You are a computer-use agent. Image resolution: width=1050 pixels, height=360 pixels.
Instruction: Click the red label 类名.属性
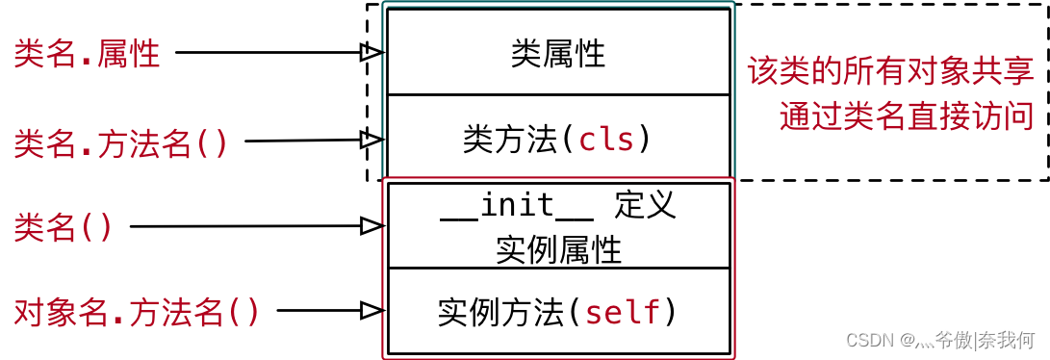point(87,54)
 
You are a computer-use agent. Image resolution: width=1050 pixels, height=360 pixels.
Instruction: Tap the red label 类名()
point(64,228)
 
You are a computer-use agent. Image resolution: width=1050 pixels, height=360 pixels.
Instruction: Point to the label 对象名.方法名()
point(137,312)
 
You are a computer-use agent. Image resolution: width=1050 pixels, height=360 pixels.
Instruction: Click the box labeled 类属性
point(558,54)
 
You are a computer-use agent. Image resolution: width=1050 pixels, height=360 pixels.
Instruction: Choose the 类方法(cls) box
point(558,141)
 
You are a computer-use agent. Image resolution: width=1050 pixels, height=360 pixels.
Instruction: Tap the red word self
point(623,312)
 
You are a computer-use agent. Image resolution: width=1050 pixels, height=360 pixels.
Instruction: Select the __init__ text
point(517,206)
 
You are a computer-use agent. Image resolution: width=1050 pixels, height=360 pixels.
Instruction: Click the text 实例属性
point(558,250)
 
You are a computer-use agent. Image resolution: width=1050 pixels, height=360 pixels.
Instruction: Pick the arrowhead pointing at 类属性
point(371,53)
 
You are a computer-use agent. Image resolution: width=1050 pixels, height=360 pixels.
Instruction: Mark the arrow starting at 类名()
point(255,226)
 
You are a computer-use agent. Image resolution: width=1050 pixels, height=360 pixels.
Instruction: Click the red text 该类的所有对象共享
point(890,71)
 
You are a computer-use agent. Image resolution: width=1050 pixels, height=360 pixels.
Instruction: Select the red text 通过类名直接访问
point(906,116)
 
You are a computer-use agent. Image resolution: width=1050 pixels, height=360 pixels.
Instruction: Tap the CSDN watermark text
point(939,340)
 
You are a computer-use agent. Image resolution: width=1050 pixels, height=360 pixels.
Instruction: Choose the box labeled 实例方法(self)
point(558,312)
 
